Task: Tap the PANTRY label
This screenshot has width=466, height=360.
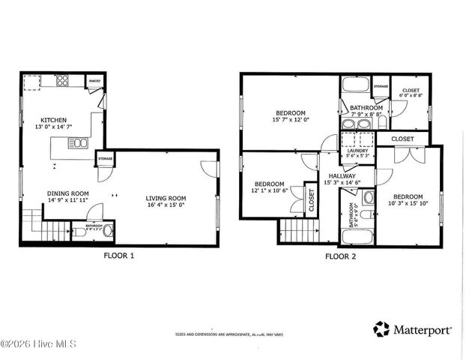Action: (95, 79)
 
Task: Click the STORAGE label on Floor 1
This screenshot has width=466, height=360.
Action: (104, 159)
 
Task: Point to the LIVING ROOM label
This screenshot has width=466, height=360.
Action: (166, 198)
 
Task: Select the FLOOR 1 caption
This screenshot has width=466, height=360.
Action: (118, 255)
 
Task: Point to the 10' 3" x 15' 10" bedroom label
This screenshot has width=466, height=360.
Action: (405, 199)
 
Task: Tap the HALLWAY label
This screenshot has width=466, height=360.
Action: (342, 178)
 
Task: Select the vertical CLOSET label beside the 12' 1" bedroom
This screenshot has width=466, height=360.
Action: (311, 199)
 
